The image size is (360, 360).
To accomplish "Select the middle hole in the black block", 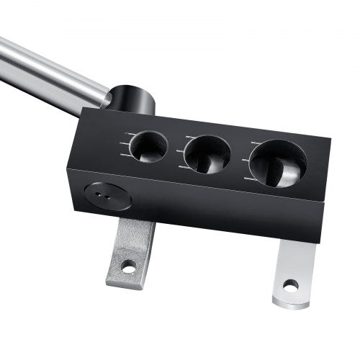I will [207, 153].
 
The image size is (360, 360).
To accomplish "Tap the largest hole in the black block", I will [277, 163].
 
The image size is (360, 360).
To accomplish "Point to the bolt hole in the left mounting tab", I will [129, 267].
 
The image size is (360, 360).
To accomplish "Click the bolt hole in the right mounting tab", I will [290, 286].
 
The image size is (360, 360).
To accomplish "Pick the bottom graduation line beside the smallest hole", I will [125, 156].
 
